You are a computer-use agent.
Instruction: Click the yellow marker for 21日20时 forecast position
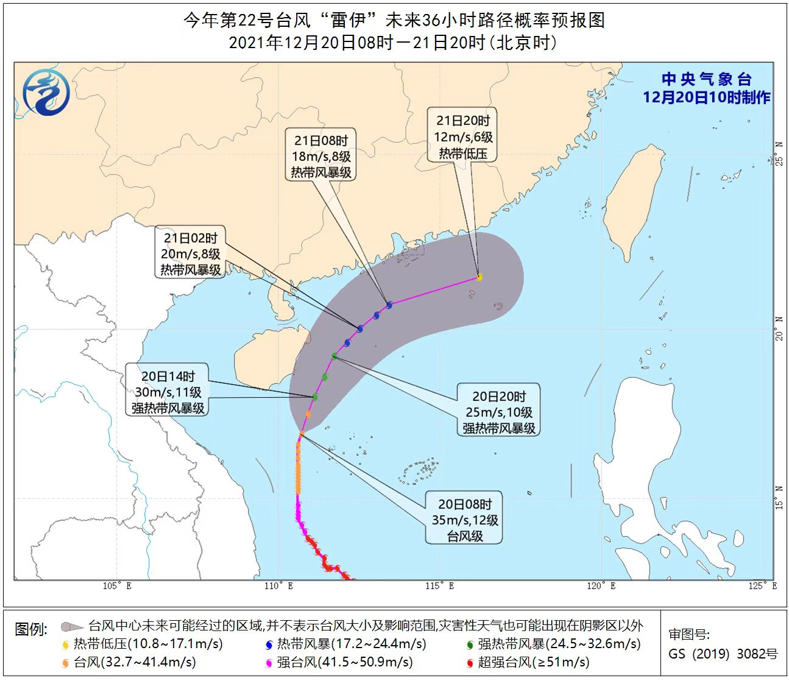[x=479, y=277]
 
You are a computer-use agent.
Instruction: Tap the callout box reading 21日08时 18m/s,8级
[x=321, y=157]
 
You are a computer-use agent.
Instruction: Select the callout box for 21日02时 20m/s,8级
[x=191, y=253]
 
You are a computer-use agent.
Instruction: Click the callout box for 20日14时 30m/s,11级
[x=168, y=392]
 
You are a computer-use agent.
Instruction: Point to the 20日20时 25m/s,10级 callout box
[x=498, y=412]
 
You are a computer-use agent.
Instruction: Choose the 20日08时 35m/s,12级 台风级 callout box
[x=464, y=520]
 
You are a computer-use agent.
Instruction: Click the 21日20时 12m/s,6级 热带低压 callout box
[x=463, y=137]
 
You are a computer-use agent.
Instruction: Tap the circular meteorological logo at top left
[x=46, y=92]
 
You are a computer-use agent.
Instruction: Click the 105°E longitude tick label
[x=117, y=586]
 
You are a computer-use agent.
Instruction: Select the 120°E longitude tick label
[x=601, y=586]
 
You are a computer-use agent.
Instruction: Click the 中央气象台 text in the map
[x=707, y=80]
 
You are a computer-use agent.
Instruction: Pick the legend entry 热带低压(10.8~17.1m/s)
[x=143, y=644]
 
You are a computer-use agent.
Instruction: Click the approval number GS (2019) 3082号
[x=723, y=654]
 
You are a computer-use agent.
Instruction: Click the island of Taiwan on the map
[x=634, y=201]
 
